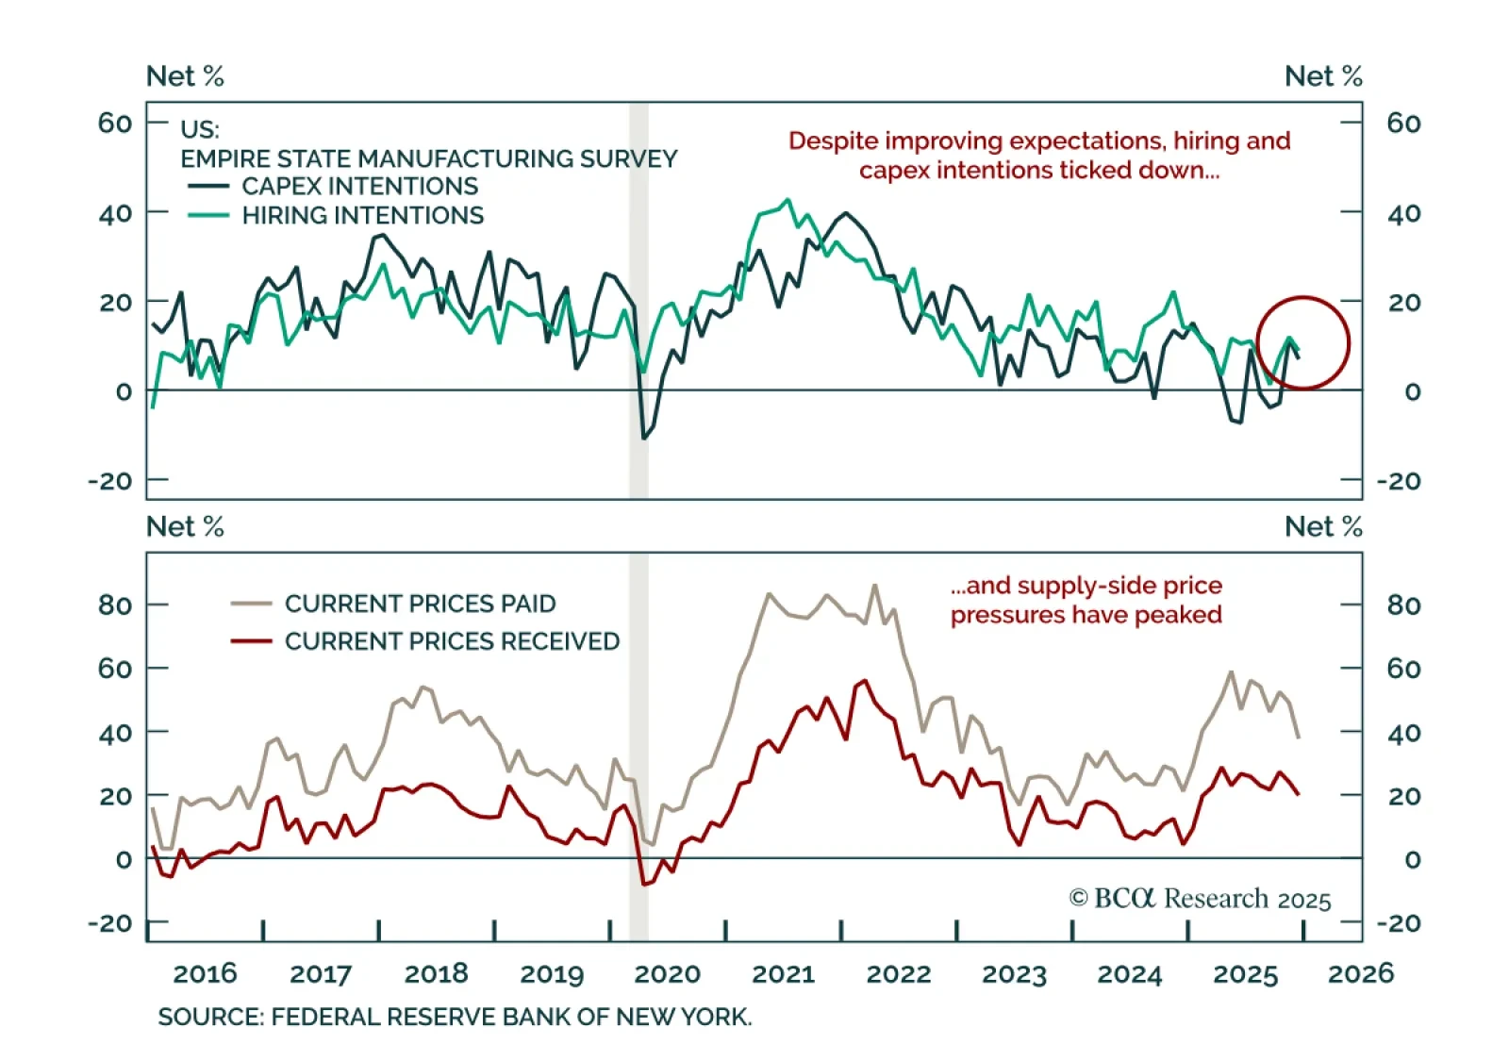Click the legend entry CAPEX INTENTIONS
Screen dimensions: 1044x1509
359,187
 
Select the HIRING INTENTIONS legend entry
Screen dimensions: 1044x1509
362,216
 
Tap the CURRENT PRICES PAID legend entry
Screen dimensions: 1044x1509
420,604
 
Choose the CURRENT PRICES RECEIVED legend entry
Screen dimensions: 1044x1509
452,641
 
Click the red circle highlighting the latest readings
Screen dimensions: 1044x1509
1303,343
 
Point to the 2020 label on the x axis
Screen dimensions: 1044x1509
668,974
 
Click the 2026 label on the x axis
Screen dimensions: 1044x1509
1360,974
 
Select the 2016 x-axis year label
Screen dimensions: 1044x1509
205,974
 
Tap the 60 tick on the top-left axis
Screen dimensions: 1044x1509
115,123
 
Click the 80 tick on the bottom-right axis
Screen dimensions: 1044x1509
1403,605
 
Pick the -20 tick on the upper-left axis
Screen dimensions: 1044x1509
110,481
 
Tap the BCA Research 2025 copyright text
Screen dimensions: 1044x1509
1200,899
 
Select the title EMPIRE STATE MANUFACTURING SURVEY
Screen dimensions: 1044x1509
429,158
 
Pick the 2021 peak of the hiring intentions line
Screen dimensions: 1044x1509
788,200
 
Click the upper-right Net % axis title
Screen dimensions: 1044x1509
1323,76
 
